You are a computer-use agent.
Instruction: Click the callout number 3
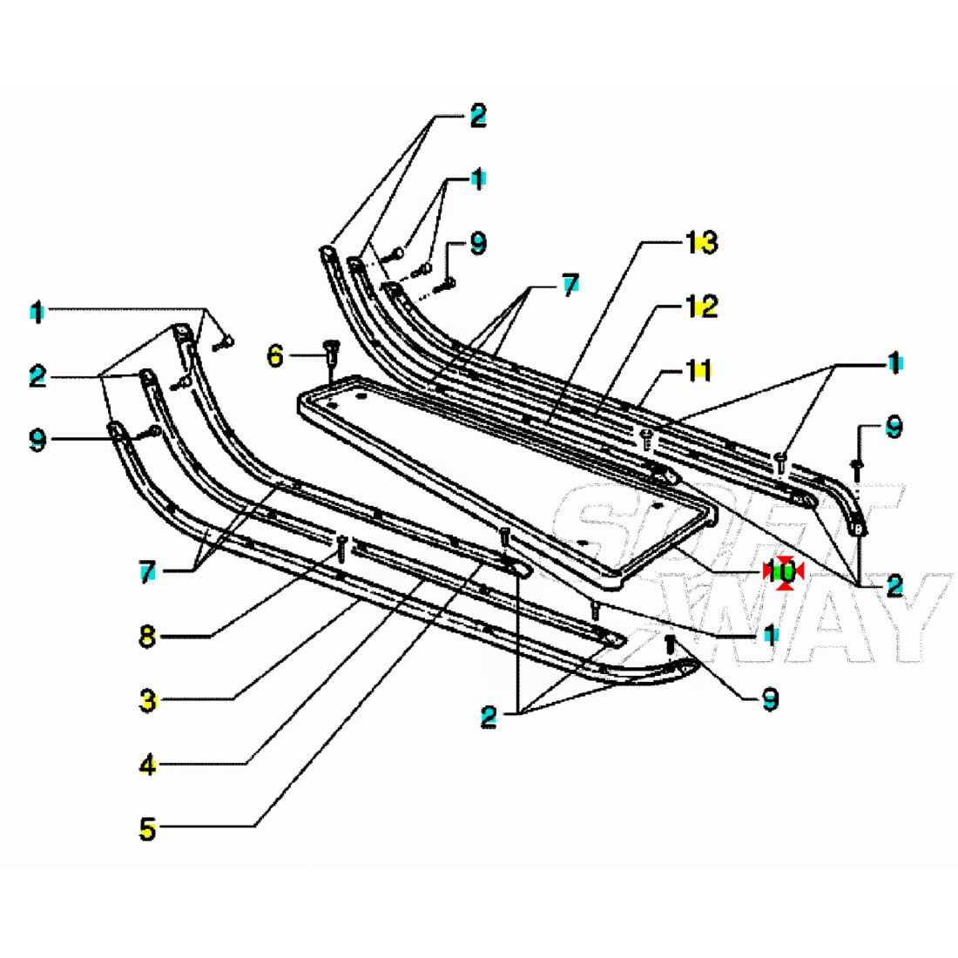148,699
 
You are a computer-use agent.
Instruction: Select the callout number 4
148,766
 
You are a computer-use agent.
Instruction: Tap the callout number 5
148,828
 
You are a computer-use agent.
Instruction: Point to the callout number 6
275,355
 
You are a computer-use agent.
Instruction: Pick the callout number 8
148,636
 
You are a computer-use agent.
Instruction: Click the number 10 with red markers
783,572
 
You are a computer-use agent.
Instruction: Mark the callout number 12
701,307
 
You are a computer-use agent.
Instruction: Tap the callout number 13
701,243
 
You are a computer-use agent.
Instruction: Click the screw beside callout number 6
329,353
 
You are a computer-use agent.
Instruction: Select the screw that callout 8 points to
341,546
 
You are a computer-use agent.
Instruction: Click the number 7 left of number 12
570,286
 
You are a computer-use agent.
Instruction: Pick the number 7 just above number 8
148,572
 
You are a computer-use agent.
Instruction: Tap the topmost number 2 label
478,116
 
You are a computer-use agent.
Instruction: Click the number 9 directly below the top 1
478,243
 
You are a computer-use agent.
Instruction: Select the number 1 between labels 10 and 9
769,633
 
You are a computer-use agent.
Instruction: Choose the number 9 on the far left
37,440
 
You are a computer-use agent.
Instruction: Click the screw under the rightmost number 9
854,468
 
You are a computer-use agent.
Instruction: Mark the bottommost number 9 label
770,699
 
